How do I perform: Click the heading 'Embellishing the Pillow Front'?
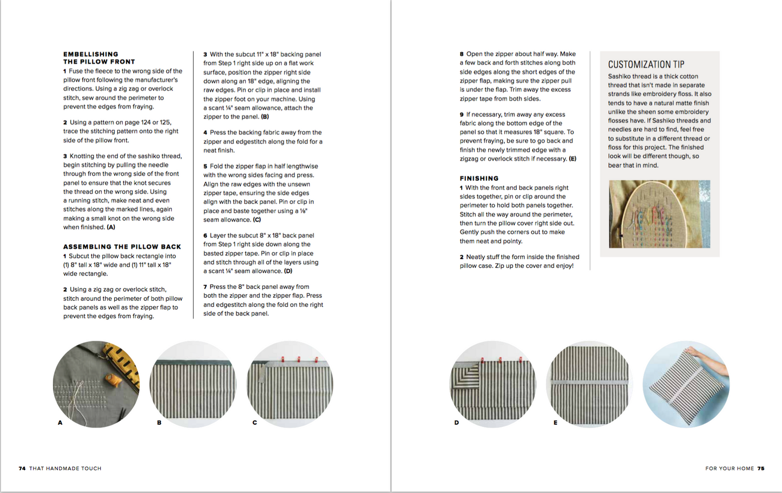pyautogui.click(x=98, y=58)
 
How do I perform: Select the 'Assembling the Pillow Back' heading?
pyautogui.click(x=122, y=247)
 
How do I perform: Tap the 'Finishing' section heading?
pyautogui.click(x=479, y=178)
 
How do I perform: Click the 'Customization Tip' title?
pyautogui.click(x=646, y=64)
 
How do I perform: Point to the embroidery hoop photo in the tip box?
pyautogui.click(x=659, y=214)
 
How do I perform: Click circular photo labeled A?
pyautogui.click(x=96, y=384)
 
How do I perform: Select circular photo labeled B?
pyautogui.click(x=193, y=384)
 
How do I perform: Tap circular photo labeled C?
pyautogui.click(x=290, y=384)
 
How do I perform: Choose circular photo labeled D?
pyautogui.click(x=492, y=384)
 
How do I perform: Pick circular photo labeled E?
pyautogui.click(x=589, y=384)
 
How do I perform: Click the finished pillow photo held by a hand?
pyautogui.click(x=686, y=384)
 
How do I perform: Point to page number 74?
pyautogui.click(x=22, y=469)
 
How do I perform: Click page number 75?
pyautogui.click(x=760, y=469)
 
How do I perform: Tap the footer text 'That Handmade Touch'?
pyautogui.click(x=65, y=469)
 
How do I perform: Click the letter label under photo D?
pyautogui.click(x=456, y=423)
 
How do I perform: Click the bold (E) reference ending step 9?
pyautogui.click(x=572, y=159)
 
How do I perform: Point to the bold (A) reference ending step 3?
pyautogui.click(x=110, y=227)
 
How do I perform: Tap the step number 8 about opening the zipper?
pyautogui.click(x=462, y=54)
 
